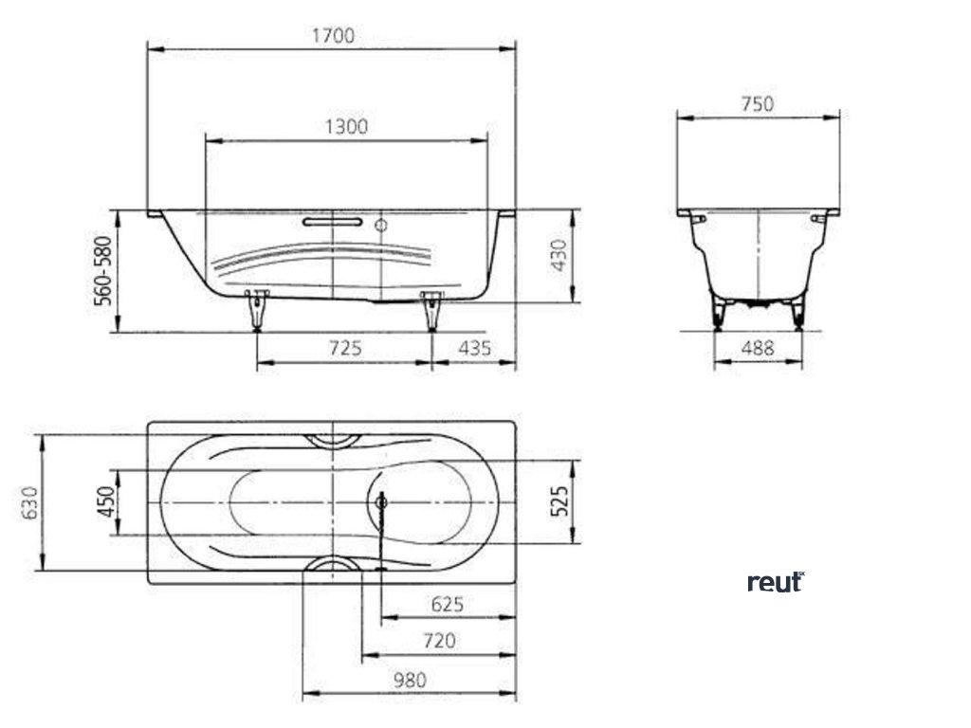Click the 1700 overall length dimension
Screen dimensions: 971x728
333,35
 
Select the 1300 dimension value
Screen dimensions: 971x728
346,126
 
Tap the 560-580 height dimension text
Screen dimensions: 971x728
103,270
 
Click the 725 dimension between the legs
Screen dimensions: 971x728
345,348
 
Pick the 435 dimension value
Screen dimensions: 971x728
474,348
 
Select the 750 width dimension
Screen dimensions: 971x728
758,103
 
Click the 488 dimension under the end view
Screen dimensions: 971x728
758,348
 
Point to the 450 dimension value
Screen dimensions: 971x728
105,502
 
